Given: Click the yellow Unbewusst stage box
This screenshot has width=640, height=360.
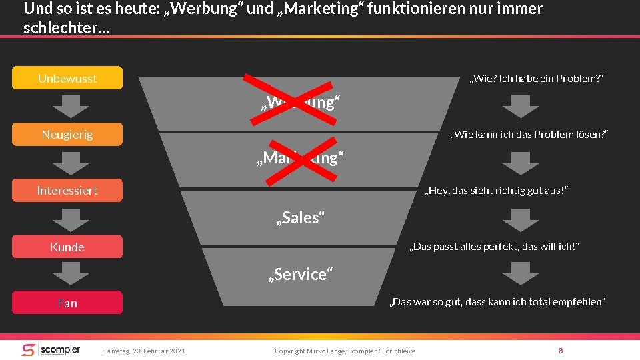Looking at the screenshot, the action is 67,78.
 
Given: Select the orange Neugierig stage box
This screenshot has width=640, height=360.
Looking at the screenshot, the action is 67,134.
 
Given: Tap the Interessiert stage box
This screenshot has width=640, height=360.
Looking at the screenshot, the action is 67,191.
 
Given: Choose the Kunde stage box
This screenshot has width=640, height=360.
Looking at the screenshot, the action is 67,247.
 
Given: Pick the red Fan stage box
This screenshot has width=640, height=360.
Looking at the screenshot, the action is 67,303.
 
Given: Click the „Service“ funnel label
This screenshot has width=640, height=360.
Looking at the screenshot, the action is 299,274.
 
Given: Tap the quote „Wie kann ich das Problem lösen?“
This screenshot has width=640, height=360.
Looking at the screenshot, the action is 529,135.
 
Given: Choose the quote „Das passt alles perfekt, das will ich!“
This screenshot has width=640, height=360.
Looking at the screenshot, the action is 494,247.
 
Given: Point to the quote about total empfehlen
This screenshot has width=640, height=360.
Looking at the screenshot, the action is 497,303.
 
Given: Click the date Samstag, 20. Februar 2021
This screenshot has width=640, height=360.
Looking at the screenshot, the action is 145,351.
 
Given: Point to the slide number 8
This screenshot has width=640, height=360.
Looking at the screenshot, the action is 561,350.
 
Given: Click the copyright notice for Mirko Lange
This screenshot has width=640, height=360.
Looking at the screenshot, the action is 345,351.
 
